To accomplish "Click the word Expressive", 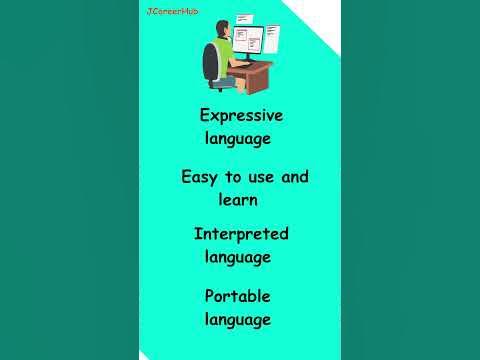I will (241, 115).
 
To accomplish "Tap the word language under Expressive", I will (237, 138).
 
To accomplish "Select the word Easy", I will (200, 177).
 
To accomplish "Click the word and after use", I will (295, 177).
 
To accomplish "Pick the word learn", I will (238, 200).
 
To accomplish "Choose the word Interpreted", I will (241, 234).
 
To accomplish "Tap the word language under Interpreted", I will (237, 257).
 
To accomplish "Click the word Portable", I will (238, 296).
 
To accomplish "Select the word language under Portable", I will (237, 320).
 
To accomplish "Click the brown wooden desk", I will (255, 76).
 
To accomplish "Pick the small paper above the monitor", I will (243, 19).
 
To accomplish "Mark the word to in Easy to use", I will (234, 177).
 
